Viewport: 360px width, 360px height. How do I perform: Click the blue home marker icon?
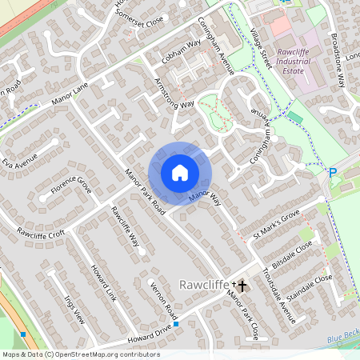point(180,173)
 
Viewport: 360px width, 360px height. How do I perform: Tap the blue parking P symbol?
point(332,172)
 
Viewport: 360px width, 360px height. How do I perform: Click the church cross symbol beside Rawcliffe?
point(242,285)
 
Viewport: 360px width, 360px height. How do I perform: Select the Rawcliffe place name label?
point(204,285)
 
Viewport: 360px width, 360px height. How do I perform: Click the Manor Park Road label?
point(145,192)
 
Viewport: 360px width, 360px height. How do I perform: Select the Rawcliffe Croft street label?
point(41,232)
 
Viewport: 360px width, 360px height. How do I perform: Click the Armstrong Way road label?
point(174,94)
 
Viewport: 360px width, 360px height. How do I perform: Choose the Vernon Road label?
point(163,300)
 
